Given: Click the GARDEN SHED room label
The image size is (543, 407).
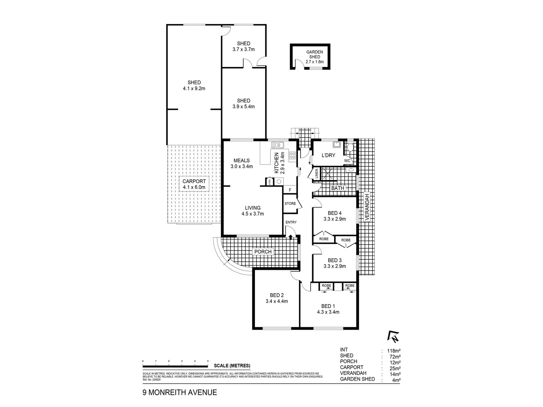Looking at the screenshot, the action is click(x=314, y=54).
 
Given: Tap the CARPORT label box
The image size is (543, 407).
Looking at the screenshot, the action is click(x=194, y=184).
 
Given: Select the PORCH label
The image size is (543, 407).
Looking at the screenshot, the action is click(x=263, y=252).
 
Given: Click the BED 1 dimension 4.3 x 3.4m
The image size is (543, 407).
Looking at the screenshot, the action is click(x=328, y=312).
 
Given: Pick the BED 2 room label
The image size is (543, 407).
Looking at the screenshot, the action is click(x=277, y=295).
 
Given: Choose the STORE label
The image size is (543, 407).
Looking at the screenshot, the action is click(x=290, y=203).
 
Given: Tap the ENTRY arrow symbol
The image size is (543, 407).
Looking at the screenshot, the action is click(x=291, y=236).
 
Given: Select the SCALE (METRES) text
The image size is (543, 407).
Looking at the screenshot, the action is click(x=232, y=366).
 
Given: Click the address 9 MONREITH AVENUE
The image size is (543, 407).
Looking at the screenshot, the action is click(x=179, y=392).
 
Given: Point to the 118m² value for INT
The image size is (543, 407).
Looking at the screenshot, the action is click(x=391, y=350).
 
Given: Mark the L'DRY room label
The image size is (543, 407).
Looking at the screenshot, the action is click(x=328, y=155).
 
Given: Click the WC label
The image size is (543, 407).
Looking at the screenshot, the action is click(x=347, y=161).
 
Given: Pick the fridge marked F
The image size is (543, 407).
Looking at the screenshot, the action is click(x=290, y=190).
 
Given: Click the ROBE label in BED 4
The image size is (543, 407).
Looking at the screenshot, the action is click(x=324, y=239).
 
